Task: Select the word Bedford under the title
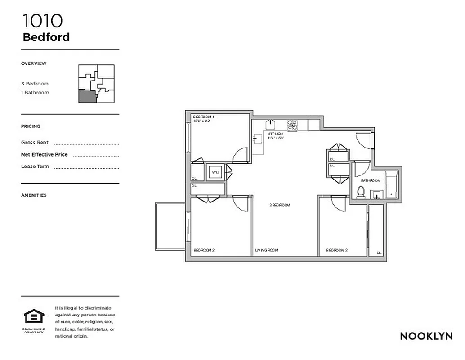(46, 37)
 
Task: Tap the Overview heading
(34, 63)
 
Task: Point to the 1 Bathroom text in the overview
(35, 93)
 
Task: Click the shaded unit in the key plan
(87, 96)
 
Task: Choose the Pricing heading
(31, 126)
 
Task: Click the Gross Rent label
(35, 143)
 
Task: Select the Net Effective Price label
(44, 154)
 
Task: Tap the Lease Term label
(35, 166)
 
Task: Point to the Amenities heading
(34, 195)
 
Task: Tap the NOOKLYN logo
(426, 336)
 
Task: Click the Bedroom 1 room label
(203, 117)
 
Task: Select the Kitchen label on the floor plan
(275, 134)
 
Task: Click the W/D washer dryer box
(215, 172)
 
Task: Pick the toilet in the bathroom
(360, 192)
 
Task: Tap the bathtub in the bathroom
(392, 184)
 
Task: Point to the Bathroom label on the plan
(371, 180)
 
